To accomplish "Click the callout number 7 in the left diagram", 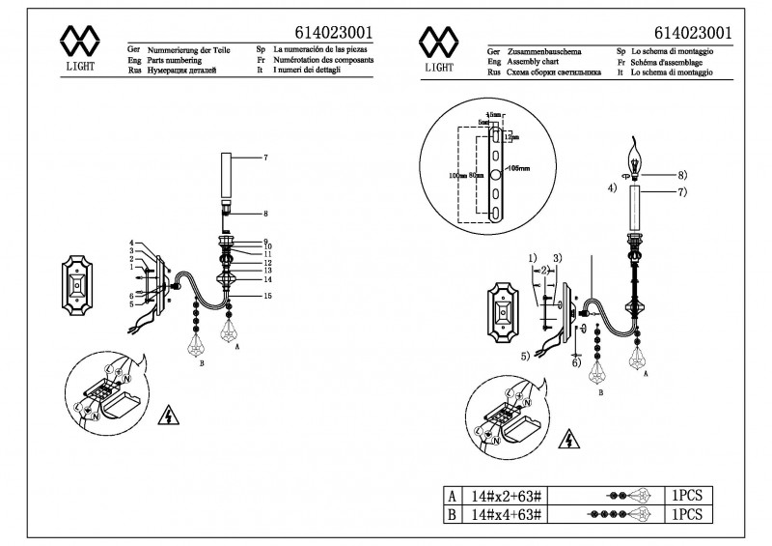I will [x=265, y=157].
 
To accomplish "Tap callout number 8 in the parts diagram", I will [x=265, y=212].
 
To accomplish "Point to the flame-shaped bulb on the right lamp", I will [x=636, y=157].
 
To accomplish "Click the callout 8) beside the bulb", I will [x=681, y=175].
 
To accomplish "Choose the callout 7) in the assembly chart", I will [x=681, y=192].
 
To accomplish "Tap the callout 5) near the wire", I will [x=525, y=356].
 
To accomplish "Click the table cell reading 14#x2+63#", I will [x=506, y=495].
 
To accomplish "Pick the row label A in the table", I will [x=452, y=495].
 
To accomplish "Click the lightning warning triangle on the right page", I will [x=571, y=441].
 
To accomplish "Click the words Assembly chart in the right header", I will [x=538, y=60].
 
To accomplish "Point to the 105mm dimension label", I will [x=519, y=168].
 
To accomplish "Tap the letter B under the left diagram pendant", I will [x=201, y=364].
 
